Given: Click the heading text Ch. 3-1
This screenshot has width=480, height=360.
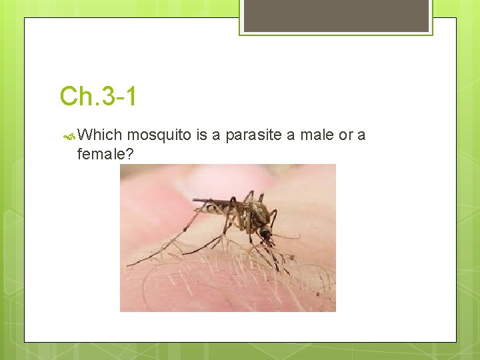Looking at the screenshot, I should (98, 96).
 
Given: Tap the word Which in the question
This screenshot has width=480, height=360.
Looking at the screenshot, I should (101, 135).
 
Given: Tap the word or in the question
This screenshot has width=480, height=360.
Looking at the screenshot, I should (345, 135).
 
